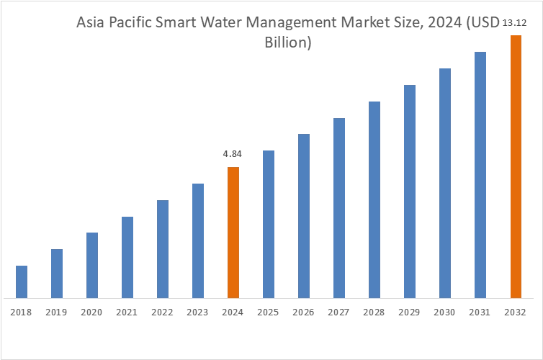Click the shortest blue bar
(x=21, y=282)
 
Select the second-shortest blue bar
(x=55, y=273)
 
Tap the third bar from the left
(x=91, y=264)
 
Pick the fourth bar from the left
(x=128, y=256)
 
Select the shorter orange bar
(x=233, y=232)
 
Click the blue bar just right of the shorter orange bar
(x=267, y=223)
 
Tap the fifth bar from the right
(x=374, y=198)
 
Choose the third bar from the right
(x=446, y=181)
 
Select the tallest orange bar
(x=515, y=166)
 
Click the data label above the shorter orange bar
(x=231, y=156)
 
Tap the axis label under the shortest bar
(x=21, y=310)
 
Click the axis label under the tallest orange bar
(x=515, y=310)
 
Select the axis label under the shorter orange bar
(x=233, y=310)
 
